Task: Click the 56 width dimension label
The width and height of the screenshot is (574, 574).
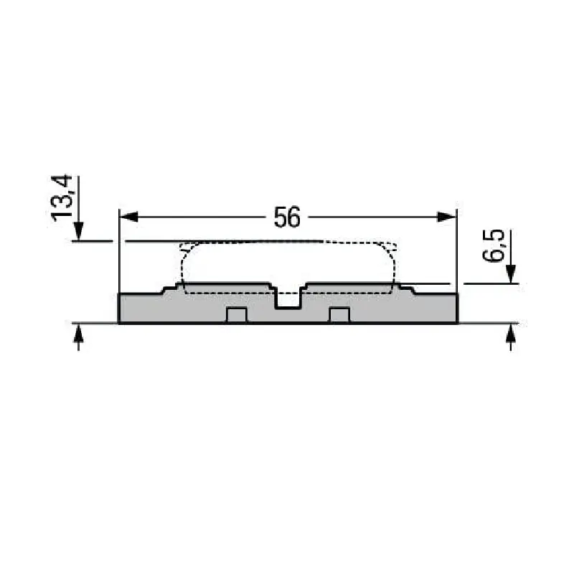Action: click(287, 217)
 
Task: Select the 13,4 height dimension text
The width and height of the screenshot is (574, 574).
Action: click(62, 198)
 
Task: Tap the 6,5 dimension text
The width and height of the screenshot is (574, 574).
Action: click(493, 245)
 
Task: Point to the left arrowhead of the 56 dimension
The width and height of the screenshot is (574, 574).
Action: click(129, 217)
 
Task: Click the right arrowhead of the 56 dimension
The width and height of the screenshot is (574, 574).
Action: click(447, 217)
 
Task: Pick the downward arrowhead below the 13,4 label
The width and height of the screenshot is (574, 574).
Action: click(78, 231)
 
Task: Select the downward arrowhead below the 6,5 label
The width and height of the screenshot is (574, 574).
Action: click(511, 274)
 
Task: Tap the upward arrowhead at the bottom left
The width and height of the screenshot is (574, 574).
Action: click(78, 333)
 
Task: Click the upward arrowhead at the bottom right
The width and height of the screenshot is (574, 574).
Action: click(511, 333)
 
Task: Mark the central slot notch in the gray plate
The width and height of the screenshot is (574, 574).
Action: click(288, 297)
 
